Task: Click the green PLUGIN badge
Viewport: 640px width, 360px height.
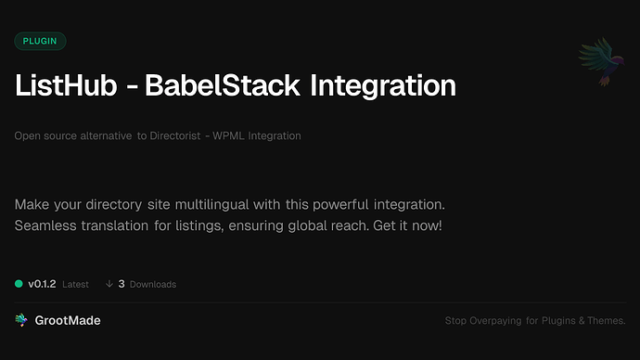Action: pyautogui.click(x=40, y=41)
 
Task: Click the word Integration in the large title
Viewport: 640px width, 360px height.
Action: pyautogui.click(x=381, y=86)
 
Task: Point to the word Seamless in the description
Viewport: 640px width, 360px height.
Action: pyautogui.click(x=47, y=225)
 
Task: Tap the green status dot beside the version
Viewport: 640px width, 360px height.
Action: pyautogui.click(x=19, y=283)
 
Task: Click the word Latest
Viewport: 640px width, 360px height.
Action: pyautogui.click(x=75, y=284)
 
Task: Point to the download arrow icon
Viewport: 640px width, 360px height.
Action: pyautogui.click(x=109, y=283)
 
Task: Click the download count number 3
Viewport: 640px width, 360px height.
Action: pyautogui.click(x=122, y=283)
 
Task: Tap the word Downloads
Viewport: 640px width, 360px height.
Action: pyautogui.click(x=152, y=284)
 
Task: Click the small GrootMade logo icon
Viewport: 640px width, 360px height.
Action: pyautogui.click(x=21, y=320)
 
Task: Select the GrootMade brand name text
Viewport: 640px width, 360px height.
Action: pyautogui.click(x=68, y=320)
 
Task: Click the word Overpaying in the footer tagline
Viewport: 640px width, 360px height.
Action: pyautogui.click(x=501, y=321)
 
